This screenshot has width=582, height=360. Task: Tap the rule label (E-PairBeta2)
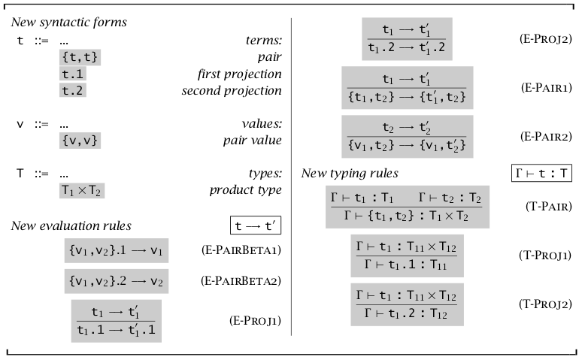237,283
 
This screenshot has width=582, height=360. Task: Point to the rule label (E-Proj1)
255,320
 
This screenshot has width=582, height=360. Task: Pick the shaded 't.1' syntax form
71,74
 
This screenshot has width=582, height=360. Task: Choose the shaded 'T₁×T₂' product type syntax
81,190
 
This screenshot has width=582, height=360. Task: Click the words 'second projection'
232,91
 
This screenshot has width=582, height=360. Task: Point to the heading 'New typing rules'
350,174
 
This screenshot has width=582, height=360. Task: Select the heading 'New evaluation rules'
71,225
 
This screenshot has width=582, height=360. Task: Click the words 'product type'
245,190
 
